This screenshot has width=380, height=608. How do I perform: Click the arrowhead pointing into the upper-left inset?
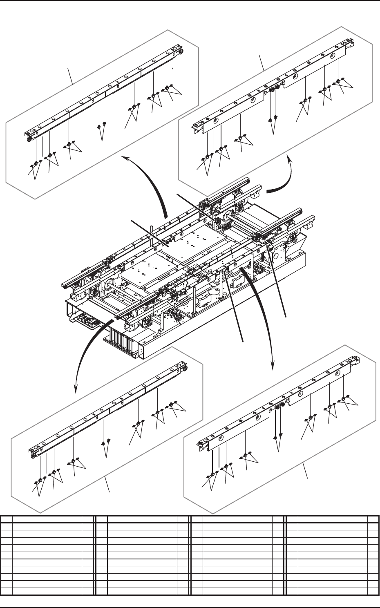pos(124,157)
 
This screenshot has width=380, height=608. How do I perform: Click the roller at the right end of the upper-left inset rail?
pos(180,51)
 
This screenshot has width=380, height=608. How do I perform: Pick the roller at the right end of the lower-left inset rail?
pos(186,369)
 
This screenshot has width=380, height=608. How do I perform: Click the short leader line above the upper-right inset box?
pos(264,63)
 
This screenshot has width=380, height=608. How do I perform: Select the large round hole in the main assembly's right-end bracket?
pos(277,256)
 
